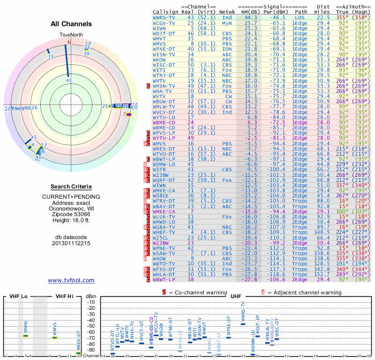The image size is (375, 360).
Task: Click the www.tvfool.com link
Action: tap(71, 280)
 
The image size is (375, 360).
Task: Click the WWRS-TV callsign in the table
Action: tap(164, 17)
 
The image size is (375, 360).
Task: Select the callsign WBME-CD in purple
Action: tap(164, 122)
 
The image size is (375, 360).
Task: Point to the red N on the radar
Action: tap(69, 42)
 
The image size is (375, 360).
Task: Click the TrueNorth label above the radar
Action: tap(70, 35)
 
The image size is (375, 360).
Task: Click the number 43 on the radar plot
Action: tap(69, 80)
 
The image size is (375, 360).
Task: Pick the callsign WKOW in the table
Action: tap(159, 60)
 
